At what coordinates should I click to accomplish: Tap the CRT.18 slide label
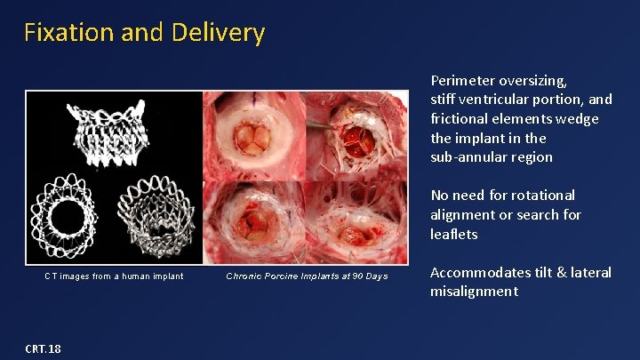43,348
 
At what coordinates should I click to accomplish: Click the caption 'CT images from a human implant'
114,276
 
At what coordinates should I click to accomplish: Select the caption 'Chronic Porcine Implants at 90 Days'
307,276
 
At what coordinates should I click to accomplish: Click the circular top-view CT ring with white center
68,216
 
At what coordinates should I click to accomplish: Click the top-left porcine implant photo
254,136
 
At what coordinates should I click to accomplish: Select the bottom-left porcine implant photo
254,222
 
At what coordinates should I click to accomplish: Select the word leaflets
454,234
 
